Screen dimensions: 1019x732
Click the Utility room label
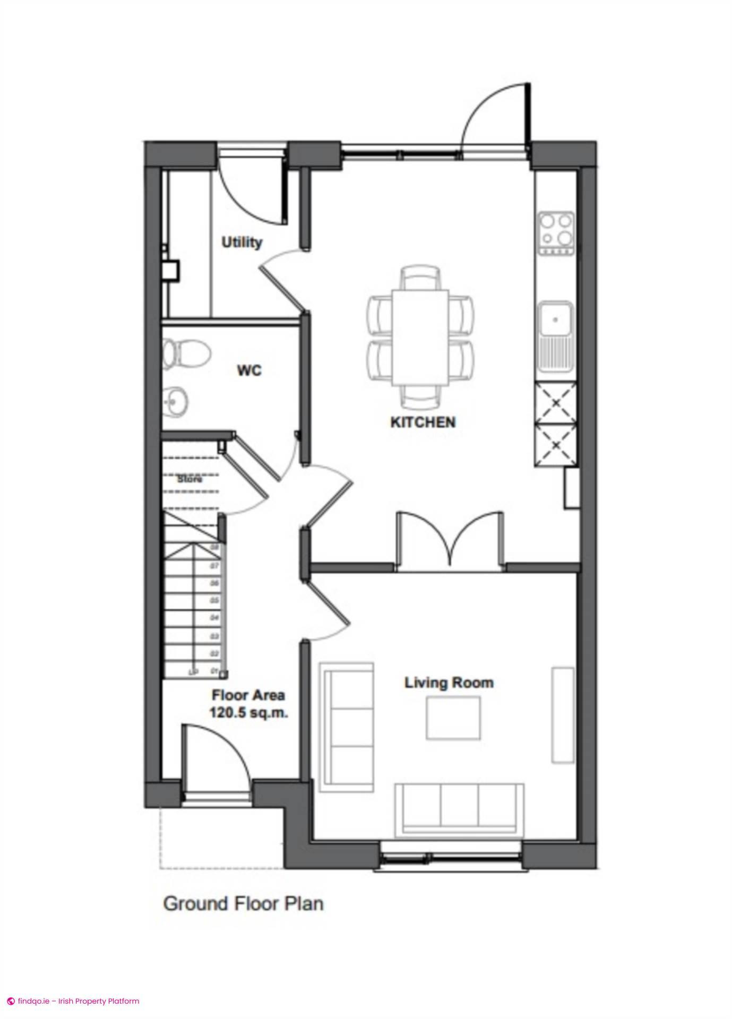[242, 243]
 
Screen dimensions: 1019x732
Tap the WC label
[249, 370]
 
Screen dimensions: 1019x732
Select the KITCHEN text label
[423, 422]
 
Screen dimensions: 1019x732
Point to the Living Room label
[449, 683]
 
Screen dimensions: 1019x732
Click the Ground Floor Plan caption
[243, 903]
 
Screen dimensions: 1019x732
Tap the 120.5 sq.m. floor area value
[249, 713]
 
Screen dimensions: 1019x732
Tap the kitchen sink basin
[555, 319]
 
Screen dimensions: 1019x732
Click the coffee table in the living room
[453, 718]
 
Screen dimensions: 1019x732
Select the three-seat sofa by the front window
[459, 808]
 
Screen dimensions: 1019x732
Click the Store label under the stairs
[190, 479]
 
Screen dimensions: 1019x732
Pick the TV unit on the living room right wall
[563, 715]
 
